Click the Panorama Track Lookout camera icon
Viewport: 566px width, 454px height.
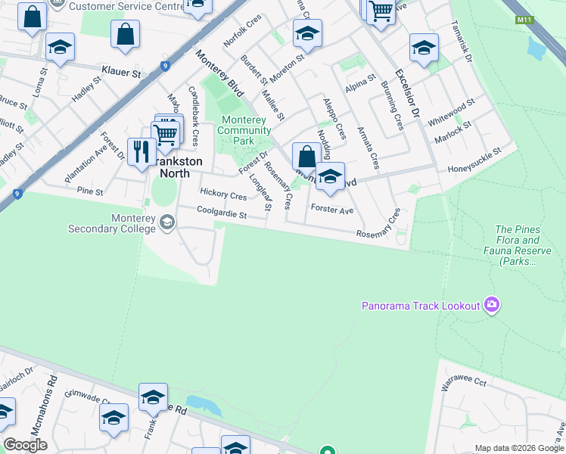[x=492, y=305]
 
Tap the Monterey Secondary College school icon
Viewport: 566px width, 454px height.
[x=166, y=222]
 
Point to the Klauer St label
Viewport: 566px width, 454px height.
[x=122, y=74]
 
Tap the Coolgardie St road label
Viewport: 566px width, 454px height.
[x=222, y=215]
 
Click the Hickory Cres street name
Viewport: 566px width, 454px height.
[x=223, y=195]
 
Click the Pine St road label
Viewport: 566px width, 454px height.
[x=89, y=191]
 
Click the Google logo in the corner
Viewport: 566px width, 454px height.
[x=25, y=445]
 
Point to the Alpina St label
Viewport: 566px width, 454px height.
[x=361, y=83]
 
